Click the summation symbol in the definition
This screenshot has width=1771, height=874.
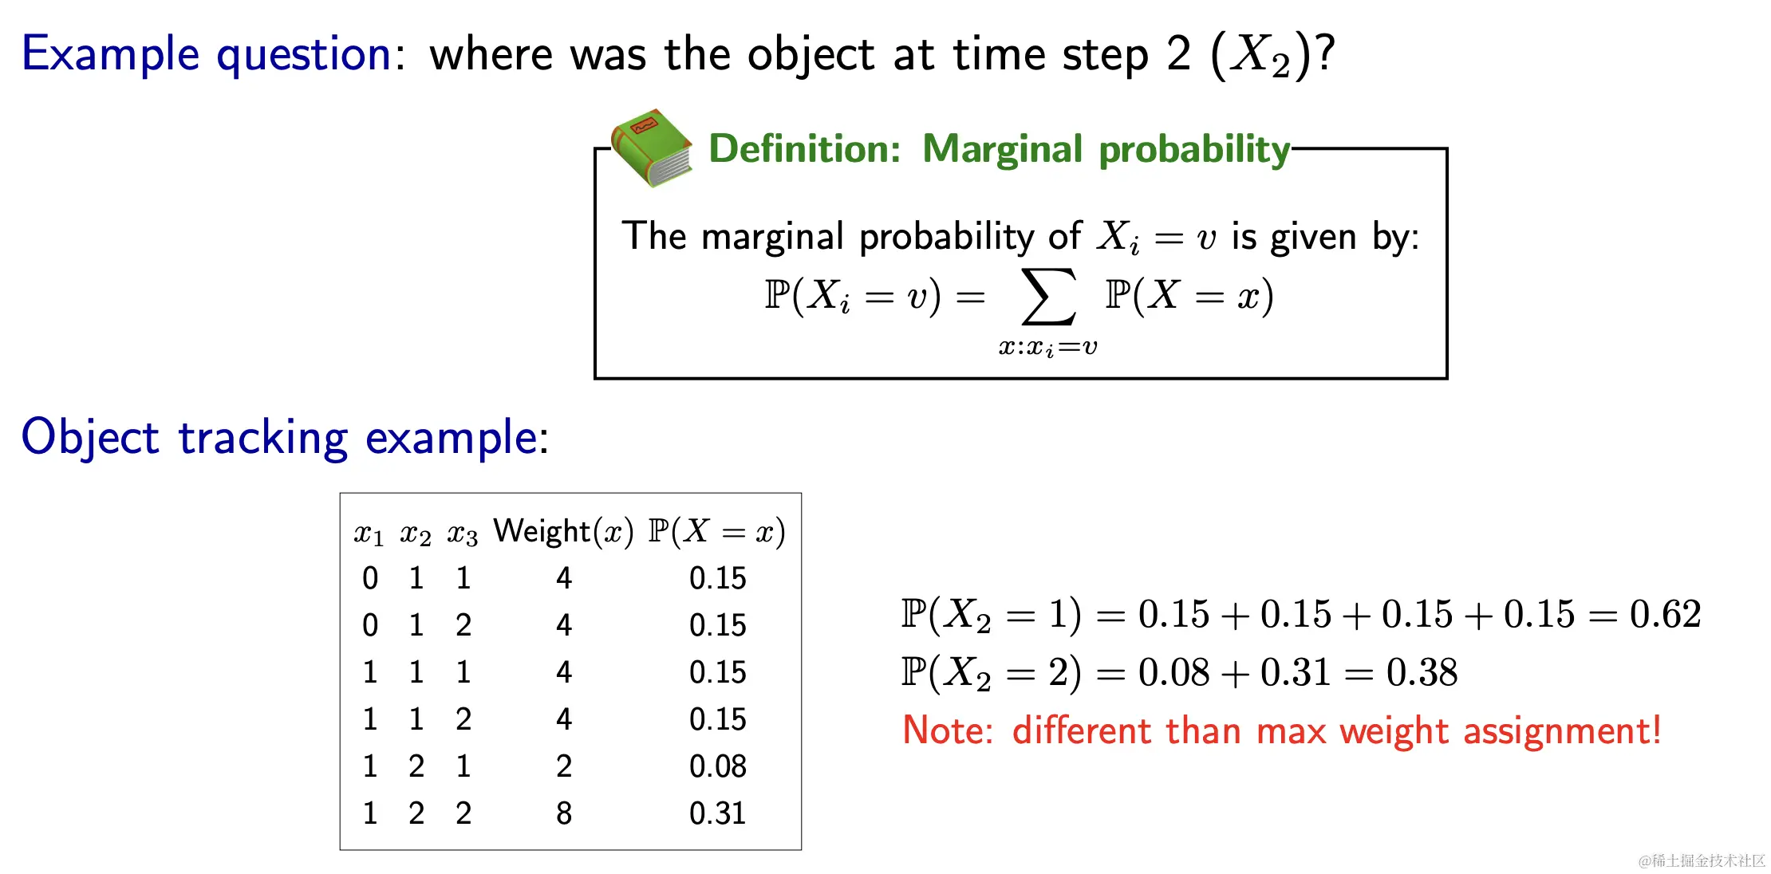pyautogui.click(x=1048, y=297)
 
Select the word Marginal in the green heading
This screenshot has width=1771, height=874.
pyautogui.click(x=1003, y=149)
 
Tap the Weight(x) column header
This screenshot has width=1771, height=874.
pyautogui.click(x=563, y=532)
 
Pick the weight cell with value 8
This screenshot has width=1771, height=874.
pyautogui.click(x=564, y=813)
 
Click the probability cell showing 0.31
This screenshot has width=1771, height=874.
pyautogui.click(x=718, y=813)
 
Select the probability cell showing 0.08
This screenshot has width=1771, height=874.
pyautogui.click(x=718, y=766)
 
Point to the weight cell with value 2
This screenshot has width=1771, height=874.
pyautogui.click(x=564, y=766)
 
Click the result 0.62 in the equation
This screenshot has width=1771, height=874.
pyautogui.click(x=1665, y=614)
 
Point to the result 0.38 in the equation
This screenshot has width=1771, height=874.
pyautogui.click(x=1422, y=672)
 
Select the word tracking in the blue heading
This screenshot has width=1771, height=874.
pyautogui.click(x=263, y=439)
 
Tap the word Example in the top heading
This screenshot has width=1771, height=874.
pyautogui.click(x=110, y=55)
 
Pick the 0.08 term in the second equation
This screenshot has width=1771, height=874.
pyautogui.click(x=1173, y=672)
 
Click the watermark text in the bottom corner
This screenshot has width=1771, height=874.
pyautogui.click(x=1702, y=860)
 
